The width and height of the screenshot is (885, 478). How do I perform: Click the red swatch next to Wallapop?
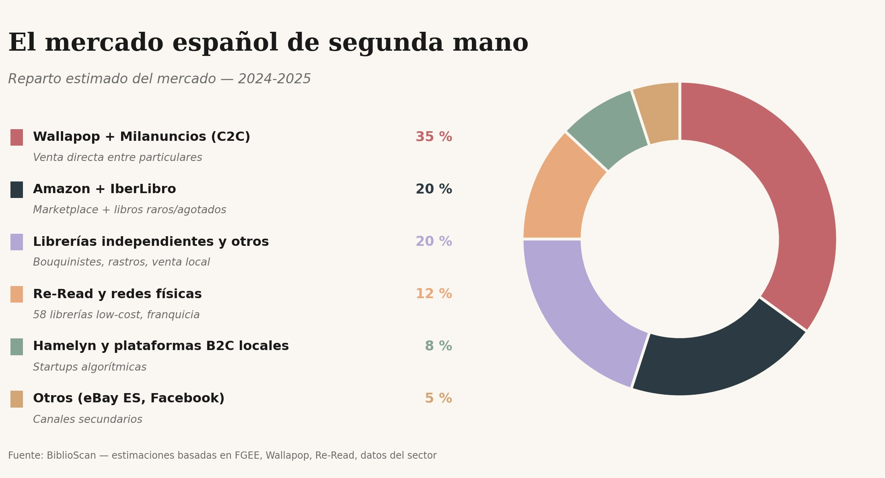point(16,137)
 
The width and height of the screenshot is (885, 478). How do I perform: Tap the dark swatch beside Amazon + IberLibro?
point(16,190)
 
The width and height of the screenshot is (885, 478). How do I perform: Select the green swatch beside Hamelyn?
point(16,346)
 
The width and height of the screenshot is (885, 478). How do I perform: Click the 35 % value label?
point(434,137)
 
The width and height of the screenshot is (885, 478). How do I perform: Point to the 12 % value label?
point(434,294)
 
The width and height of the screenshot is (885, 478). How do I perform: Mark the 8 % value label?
point(438,346)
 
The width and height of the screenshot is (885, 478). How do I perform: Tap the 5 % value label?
point(438,399)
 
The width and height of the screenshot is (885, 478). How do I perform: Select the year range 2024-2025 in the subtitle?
point(274,79)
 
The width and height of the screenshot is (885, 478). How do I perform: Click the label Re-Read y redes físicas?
point(117,294)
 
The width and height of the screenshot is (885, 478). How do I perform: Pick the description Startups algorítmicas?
point(90,367)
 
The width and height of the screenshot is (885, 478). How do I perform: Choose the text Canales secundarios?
point(88,420)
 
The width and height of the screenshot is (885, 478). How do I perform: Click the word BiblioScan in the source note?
point(71,456)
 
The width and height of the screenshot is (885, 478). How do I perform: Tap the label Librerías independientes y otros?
point(151,242)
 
